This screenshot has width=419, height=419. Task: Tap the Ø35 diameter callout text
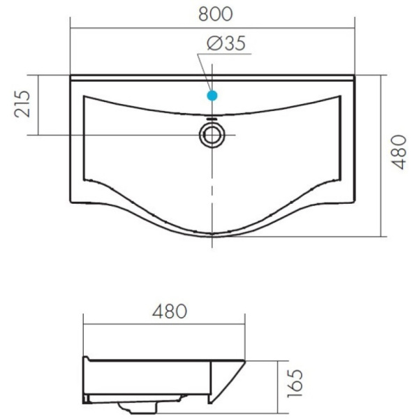point(226,43)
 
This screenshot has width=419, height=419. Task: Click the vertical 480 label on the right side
point(399,152)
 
